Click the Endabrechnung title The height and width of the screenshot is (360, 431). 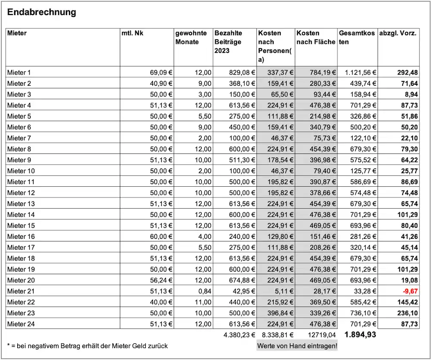[x=42, y=12]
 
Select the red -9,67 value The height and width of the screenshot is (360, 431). [x=410, y=291]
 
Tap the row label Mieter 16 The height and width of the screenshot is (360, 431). [x=21, y=236]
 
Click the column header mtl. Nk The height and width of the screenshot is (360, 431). [x=132, y=33]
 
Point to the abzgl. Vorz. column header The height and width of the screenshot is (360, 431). [x=398, y=33]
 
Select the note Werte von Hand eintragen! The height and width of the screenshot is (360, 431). [x=297, y=345]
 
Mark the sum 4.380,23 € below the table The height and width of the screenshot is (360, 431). [x=240, y=335]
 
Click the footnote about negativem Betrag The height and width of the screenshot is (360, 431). [x=87, y=345]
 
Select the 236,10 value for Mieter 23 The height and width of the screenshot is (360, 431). [x=407, y=313]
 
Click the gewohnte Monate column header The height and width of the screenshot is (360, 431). [x=191, y=38]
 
